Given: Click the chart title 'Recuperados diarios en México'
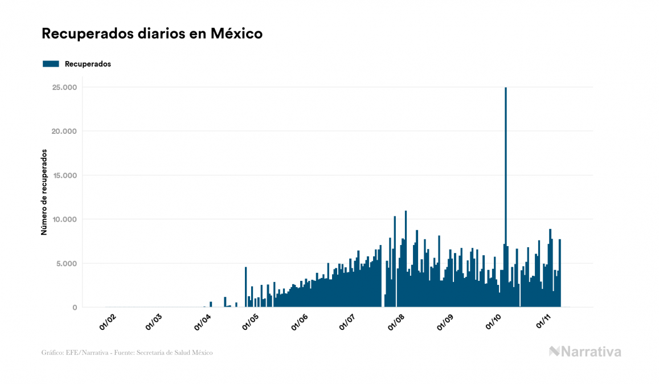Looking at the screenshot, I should point(152,34).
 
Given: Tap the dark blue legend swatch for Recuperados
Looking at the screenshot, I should point(51,64).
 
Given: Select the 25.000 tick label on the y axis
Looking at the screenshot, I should point(64,87).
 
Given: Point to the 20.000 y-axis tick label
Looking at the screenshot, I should point(64,132).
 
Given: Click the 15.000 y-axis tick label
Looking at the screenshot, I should point(64,175).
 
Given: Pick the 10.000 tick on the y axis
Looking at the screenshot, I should point(64,219).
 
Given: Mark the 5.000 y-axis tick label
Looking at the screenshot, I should point(66,264).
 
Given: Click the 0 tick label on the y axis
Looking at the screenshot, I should point(74,308).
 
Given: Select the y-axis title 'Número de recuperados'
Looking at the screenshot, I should point(43,192).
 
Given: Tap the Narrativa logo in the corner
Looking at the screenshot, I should point(585,352).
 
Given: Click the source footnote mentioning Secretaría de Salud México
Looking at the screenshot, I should point(127,353).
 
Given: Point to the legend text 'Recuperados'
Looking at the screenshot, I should point(88,64).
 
